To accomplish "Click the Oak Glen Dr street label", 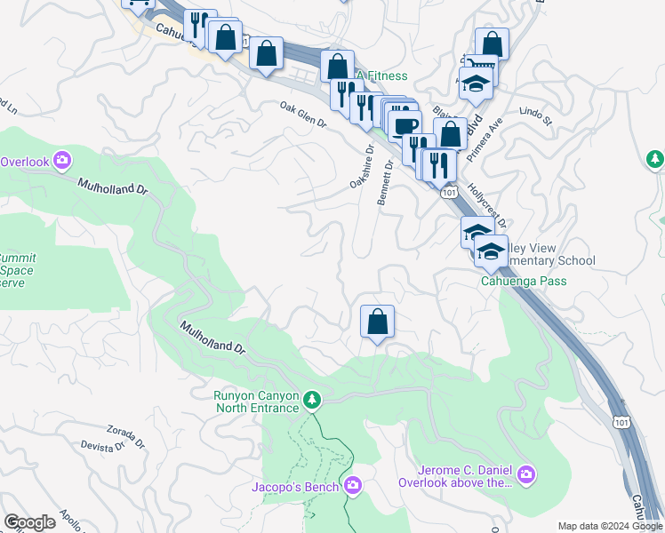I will (303, 115).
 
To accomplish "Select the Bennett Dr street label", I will (385, 184).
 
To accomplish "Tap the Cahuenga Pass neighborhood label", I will (524, 282).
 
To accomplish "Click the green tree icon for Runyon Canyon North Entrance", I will (311, 402).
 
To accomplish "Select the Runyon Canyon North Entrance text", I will (256, 402).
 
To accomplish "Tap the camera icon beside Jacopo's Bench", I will (353, 485).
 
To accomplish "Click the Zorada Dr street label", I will (125, 435).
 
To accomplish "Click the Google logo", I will (29, 522).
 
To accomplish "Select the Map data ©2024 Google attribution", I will (609, 526).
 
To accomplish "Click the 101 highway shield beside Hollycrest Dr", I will (450, 192).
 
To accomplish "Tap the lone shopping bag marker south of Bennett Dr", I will (377, 322).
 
